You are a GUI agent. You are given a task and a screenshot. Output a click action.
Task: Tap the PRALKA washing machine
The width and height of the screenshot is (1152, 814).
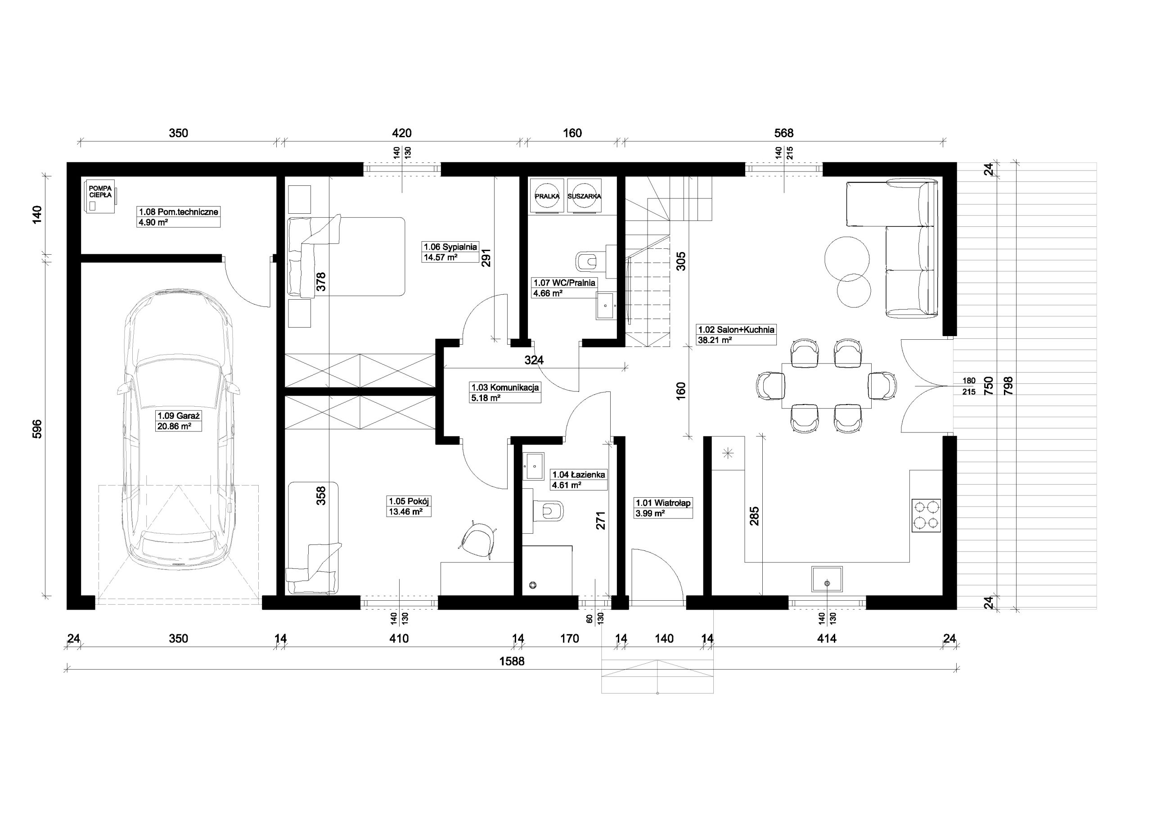click(x=547, y=196)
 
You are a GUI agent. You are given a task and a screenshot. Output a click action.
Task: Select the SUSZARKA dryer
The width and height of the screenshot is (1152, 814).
click(x=584, y=196)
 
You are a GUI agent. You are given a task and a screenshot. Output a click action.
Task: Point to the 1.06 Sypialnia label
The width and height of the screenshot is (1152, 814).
click(x=450, y=247)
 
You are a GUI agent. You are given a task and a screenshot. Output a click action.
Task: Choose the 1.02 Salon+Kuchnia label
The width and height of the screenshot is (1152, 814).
click(x=736, y=330)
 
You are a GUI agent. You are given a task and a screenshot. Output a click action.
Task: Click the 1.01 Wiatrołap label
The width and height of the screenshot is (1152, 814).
click(x=663, y=503)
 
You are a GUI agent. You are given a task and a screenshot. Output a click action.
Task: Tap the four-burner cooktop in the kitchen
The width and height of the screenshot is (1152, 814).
click(x=926, y=515)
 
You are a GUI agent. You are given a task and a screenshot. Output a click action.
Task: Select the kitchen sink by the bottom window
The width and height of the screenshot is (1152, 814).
click(x=827, y=579)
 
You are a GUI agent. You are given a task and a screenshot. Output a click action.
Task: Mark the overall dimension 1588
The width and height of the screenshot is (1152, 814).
click(x=512, y=661)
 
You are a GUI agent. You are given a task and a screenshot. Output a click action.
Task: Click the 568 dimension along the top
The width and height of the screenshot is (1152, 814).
click(x=784, y=133)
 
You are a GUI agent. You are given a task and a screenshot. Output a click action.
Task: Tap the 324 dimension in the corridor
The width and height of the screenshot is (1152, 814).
click(x=534, y=360)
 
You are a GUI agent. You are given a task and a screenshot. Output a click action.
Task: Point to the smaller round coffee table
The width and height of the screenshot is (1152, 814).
click(x=854, y=290)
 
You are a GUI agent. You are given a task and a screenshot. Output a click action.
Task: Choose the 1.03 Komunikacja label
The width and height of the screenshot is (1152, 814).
click(x=505, y=387)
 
